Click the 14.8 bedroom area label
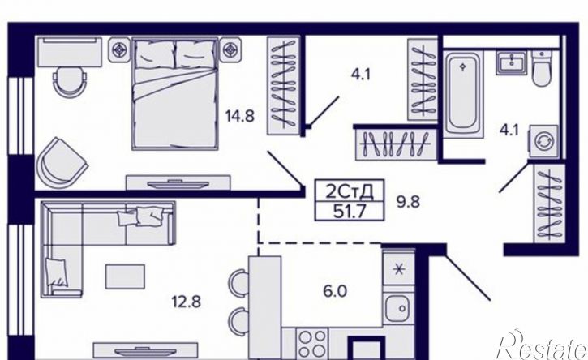(x=239, y=116)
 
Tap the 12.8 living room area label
(x=187, y=302)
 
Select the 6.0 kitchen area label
(x=335, y=291)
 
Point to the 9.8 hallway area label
(x=409, y=203)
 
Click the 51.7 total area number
(x=350, y=212)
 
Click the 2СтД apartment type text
(x=349, y=192)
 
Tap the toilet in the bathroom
(x=542, y=69)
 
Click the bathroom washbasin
(x=512, y=62)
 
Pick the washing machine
(x=543, y=143)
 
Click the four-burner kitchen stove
(x=312, y=344)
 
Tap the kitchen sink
(x=399, y=308)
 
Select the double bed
(x=174, y=93)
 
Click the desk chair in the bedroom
(x=70, y=82)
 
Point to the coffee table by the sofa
(x=125, y=276)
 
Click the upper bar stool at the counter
(x=239, y=282)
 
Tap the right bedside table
(x=230, y=49)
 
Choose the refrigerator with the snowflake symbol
(x=399, y=269)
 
